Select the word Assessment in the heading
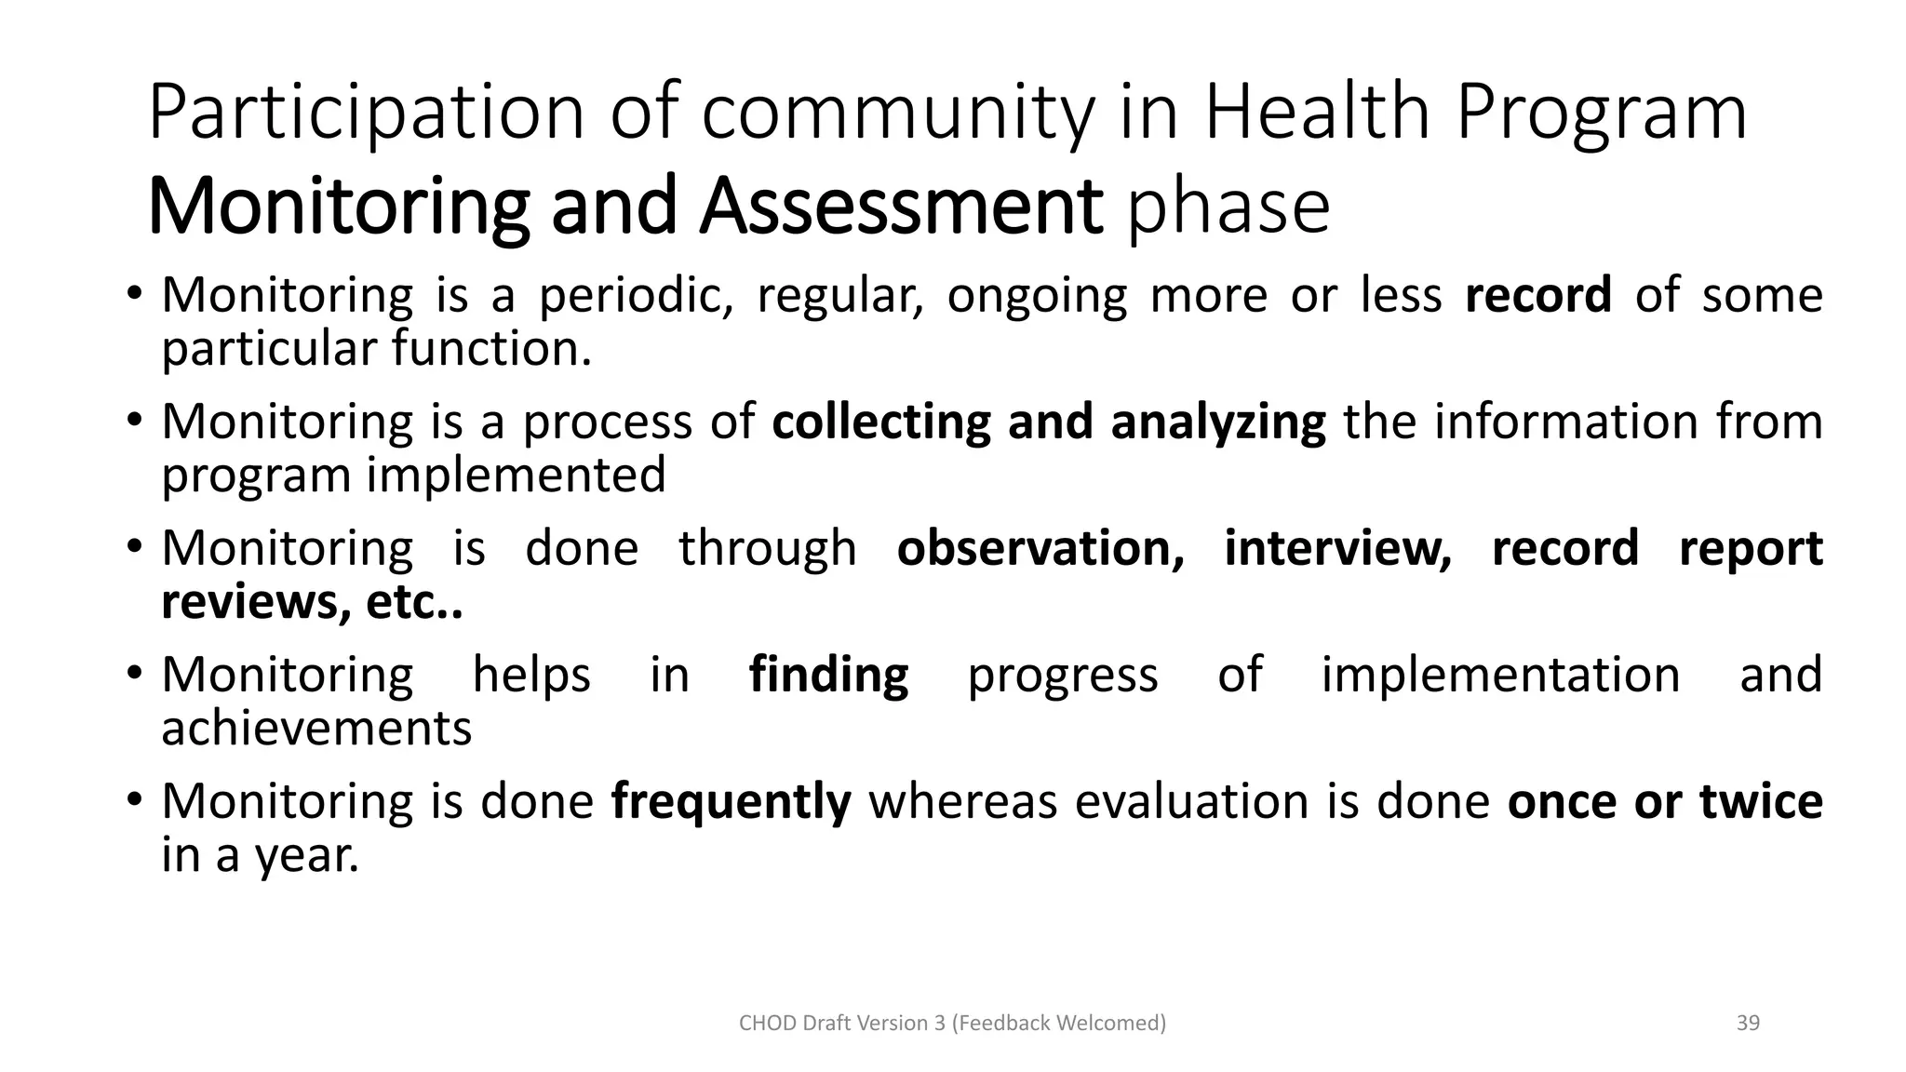coord(901,207)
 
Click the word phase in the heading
coord(1228,207)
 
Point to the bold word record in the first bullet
coord(1537,295)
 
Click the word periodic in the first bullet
coord(636,295)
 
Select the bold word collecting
coord(880,422)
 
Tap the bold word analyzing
coord(1217,422)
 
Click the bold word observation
coord(1040,548)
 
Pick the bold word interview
coord(1337,548)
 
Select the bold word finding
coord(828,675)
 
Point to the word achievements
coord(316,728)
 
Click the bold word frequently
coord(731,801)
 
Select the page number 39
coord(1748,1023)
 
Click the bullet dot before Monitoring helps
coord(135,673)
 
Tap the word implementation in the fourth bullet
coord(1500,675)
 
